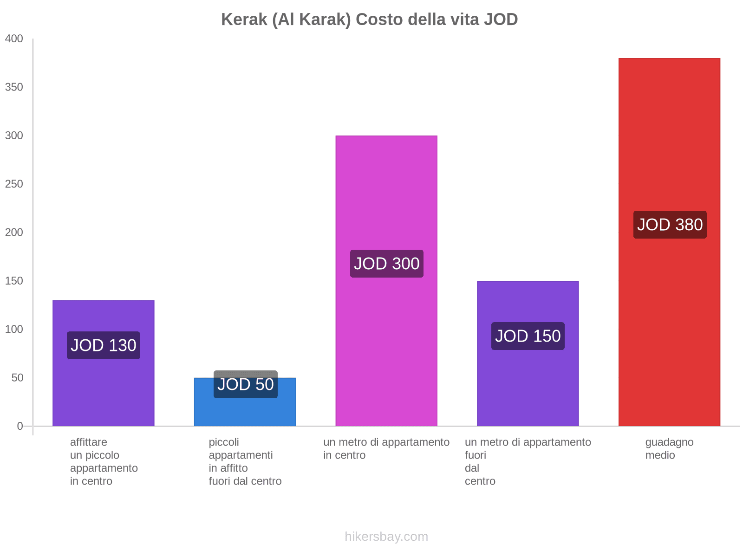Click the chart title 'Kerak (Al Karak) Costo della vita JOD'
369,19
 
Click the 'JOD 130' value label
104,345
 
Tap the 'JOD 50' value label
246,384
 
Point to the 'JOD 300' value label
387,264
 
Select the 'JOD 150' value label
528,336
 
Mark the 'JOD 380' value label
670,225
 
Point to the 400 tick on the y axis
14,39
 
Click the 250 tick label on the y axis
14,184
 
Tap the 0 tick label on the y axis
20,426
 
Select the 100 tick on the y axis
14,330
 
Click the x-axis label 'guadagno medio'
669,448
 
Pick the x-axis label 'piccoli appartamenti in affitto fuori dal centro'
245,461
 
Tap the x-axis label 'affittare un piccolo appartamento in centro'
104,461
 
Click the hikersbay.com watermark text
386,537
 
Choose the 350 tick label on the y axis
14,87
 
